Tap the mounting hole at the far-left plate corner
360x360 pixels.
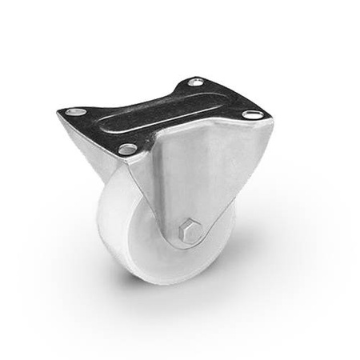click(74, 112)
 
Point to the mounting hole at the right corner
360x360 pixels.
click(252, 115)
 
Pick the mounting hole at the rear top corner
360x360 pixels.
click(195, 82)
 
